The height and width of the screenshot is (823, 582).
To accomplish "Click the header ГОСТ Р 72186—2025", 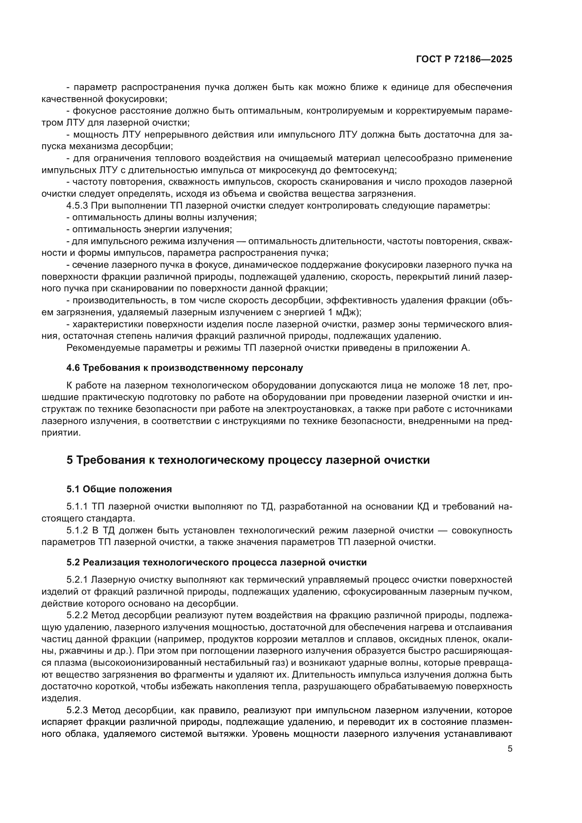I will coord(464,59).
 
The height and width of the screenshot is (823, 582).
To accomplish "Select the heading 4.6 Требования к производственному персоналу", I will coord(185,368).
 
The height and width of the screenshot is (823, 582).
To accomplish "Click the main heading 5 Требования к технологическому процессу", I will coord(248,460).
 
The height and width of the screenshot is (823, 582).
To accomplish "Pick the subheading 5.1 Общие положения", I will coord(119,489).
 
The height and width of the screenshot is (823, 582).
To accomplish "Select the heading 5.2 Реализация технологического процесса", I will coord(216,562).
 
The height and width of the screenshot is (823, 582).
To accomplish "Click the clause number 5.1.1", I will coord(77,506).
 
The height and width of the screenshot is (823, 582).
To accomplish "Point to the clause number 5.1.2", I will coord(77,530).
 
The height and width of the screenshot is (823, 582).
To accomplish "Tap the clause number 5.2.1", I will coord(77,580).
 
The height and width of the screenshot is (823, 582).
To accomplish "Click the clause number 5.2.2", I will coord(77,615).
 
